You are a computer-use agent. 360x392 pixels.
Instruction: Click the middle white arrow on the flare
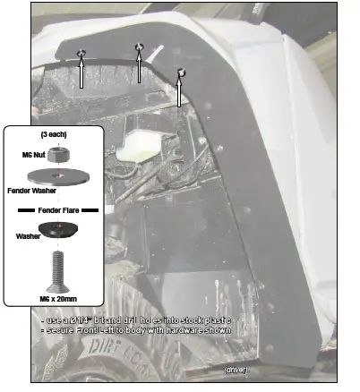pos(139,67)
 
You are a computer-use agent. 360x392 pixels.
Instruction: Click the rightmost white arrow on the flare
pos(179,92)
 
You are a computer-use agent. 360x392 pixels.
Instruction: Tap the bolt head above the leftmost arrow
pos(81,55)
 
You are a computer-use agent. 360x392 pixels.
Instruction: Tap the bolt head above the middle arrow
pos(139,47)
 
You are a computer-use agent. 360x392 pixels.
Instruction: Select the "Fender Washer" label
pos(31,190)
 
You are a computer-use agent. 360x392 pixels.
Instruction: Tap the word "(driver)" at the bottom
pos(236,368)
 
